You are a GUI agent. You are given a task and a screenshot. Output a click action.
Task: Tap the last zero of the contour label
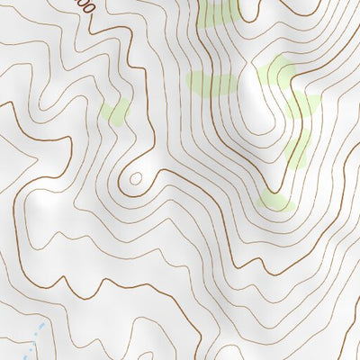[x=88, y=11]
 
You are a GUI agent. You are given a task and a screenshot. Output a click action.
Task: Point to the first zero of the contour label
[x=82, y=5]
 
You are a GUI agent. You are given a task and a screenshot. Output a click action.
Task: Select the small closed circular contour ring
[x=135, y=178]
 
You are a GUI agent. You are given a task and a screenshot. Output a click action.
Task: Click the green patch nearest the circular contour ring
[x=115, y=112]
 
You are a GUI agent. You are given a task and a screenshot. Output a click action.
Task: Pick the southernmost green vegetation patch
[x=275, y=200]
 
